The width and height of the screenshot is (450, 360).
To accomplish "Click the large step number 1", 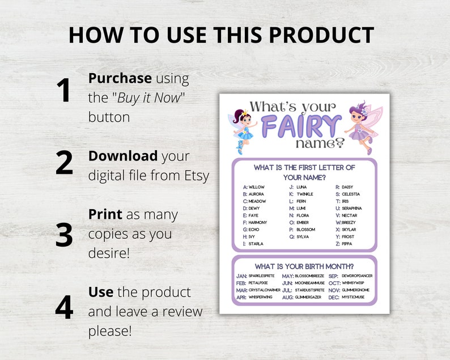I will [63, 91].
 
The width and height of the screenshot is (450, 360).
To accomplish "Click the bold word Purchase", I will [120, 78].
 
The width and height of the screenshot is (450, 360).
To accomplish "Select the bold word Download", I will [123, 155].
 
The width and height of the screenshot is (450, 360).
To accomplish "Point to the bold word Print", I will [105, 214].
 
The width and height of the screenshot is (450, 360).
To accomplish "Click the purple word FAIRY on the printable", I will [302, 125].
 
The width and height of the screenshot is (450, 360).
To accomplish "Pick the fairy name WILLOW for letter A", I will [257, 187].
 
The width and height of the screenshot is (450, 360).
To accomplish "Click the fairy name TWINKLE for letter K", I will [305, 194].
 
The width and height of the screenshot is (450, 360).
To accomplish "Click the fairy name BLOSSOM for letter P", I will [306, 230].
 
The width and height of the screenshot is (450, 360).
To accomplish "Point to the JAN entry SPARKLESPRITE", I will [262, 276].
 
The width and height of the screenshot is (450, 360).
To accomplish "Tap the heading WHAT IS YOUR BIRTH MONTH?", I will [304, 266].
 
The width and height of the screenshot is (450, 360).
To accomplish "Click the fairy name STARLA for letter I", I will [256, 244].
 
